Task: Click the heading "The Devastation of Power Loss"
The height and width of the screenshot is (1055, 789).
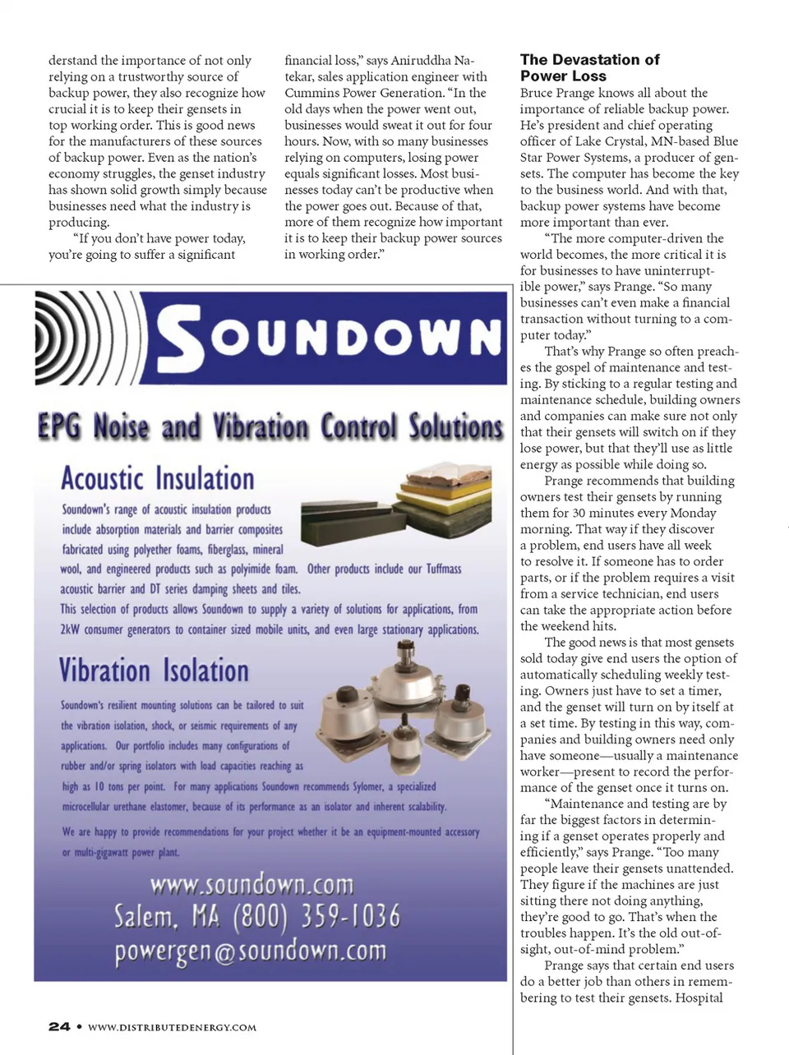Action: click(x=589, y=67)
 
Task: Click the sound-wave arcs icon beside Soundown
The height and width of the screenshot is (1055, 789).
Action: click(x=86, y=338)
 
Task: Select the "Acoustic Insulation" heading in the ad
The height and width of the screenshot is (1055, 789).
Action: click(x=158, y=478)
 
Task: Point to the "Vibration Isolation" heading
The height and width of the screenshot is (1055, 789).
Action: click(x=154, y=670)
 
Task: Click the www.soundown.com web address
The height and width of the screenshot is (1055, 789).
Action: click(x=251, y=885)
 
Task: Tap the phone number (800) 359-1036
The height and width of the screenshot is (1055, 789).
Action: click(x=317, y=916)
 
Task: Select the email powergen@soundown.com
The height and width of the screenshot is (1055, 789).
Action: click(x=250, y=951)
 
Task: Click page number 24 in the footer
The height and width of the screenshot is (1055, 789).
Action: click(x=59, y=1026)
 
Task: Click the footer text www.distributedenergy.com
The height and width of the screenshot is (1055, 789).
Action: click(x=172, y=1027)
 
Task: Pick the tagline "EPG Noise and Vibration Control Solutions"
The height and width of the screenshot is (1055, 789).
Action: click(x=270, y=427)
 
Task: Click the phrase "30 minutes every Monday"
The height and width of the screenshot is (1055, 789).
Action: click(x=623, y=513)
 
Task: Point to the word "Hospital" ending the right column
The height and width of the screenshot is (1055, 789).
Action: click(x=699, y=997)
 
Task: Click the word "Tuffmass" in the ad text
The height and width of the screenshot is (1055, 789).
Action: click(x=444, y=569)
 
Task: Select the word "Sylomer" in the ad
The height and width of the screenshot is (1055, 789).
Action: click(x=373, y=786)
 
